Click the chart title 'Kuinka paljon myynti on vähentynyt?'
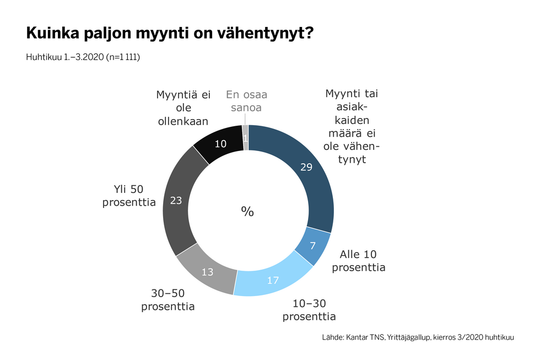170,34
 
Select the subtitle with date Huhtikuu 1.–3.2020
83,57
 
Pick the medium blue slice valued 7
312,246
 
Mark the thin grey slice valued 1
245,138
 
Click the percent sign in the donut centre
247,211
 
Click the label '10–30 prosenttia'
309,310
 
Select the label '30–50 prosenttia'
168,299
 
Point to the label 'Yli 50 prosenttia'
129,195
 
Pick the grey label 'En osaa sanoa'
247,101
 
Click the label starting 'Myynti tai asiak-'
353,126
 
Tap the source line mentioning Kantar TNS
418,337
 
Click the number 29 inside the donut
307,168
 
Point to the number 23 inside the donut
176,201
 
